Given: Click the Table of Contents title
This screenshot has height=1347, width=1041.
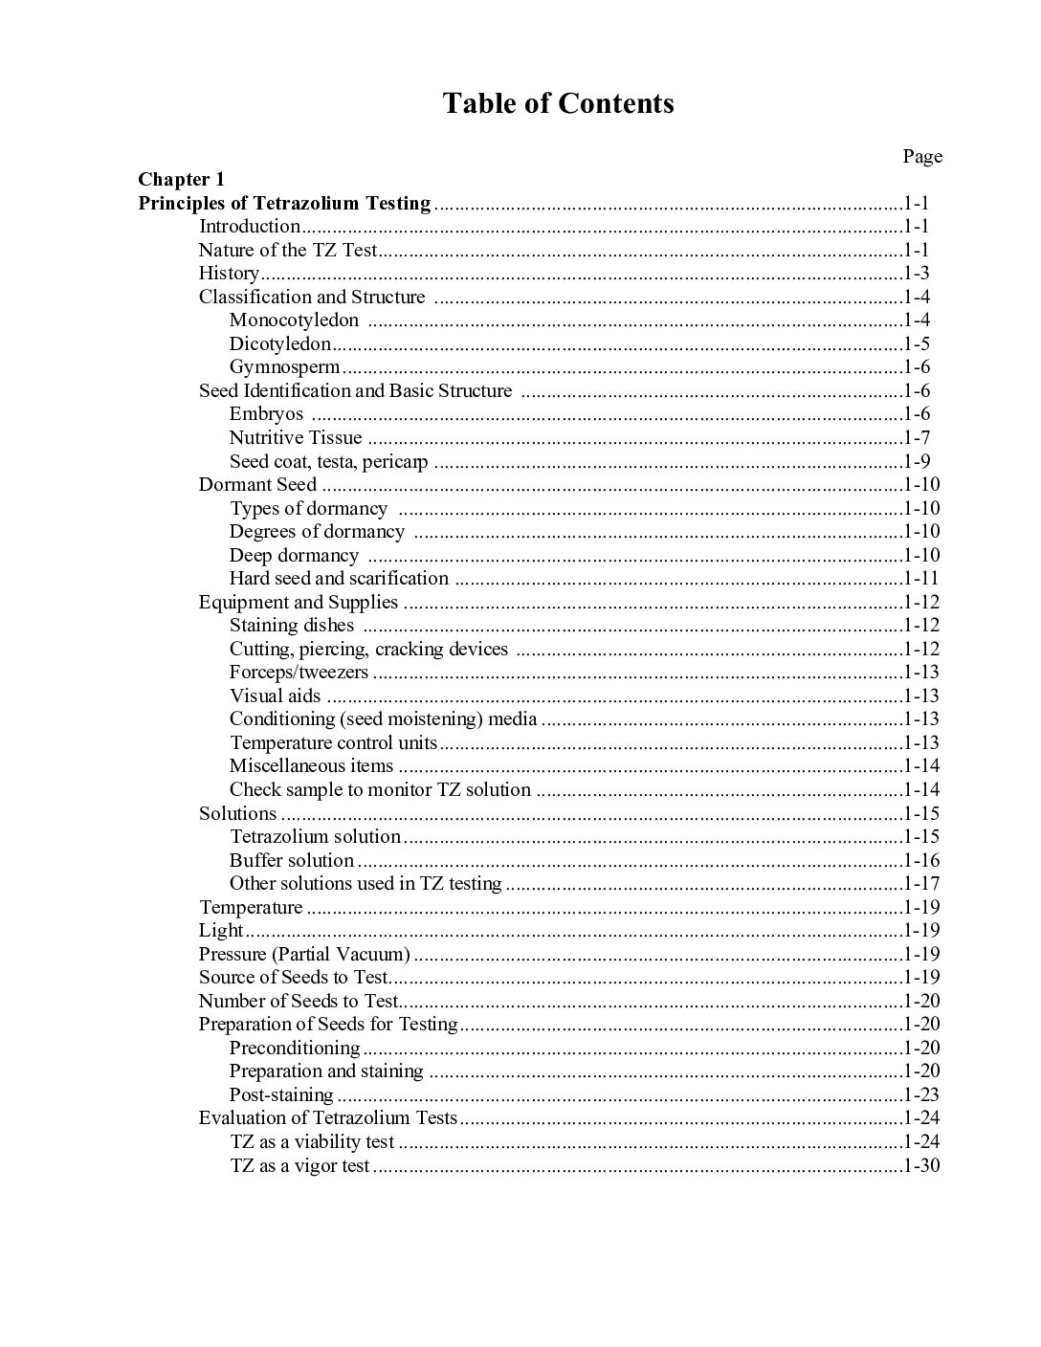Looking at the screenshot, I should coord(558,103).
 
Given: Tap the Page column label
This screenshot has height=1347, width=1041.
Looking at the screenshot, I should coord(922,156).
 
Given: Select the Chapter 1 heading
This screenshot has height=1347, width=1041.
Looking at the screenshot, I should coord(181,179).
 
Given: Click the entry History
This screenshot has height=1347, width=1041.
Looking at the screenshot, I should coord(229,274).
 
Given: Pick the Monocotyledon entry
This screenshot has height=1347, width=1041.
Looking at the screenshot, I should coord(294,320).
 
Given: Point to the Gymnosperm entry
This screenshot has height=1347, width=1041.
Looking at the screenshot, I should coord(284,367).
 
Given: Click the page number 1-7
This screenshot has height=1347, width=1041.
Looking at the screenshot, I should coord(917,438).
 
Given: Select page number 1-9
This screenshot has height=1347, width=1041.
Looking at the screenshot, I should coord(917,462).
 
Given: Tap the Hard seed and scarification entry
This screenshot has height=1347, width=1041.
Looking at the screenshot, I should coord(339,579).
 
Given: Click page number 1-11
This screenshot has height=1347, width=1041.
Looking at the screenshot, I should coord(921,579).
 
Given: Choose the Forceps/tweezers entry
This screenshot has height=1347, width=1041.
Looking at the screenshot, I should coord(299,673).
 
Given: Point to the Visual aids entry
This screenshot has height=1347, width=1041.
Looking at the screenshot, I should coord(276,696).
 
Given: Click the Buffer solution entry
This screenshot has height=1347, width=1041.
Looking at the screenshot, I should coord(292,860).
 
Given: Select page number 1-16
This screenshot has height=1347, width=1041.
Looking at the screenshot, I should coord(921,860).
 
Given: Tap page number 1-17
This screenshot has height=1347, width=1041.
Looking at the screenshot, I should coord(921,884).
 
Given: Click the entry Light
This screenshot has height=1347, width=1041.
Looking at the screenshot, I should coord(221,931).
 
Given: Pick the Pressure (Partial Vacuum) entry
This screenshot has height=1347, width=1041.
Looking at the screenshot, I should coord(304,954).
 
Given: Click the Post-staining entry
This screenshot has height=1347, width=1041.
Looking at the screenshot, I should coord(281,1094).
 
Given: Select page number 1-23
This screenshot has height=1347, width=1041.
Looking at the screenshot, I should coord(921,1094).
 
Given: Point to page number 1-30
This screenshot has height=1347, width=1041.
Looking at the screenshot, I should coord(921,1165).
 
